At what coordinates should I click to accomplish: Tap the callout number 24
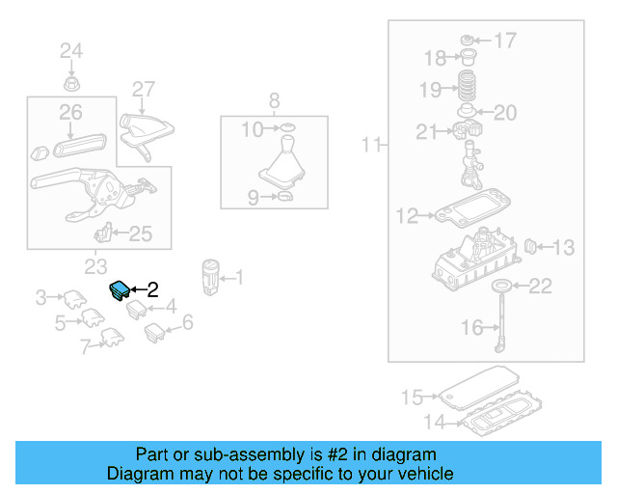[x=71, y=51]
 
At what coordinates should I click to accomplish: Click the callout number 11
[x=371, y=146]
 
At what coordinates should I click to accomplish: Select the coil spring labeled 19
[x=468, y=89]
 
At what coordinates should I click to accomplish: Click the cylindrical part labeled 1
[x=210, y=275]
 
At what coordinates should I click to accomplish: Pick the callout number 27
[x=143, y=90]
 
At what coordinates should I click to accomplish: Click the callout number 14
[x=437, y=422]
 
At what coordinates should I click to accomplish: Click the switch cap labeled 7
[x=111, y=338]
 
